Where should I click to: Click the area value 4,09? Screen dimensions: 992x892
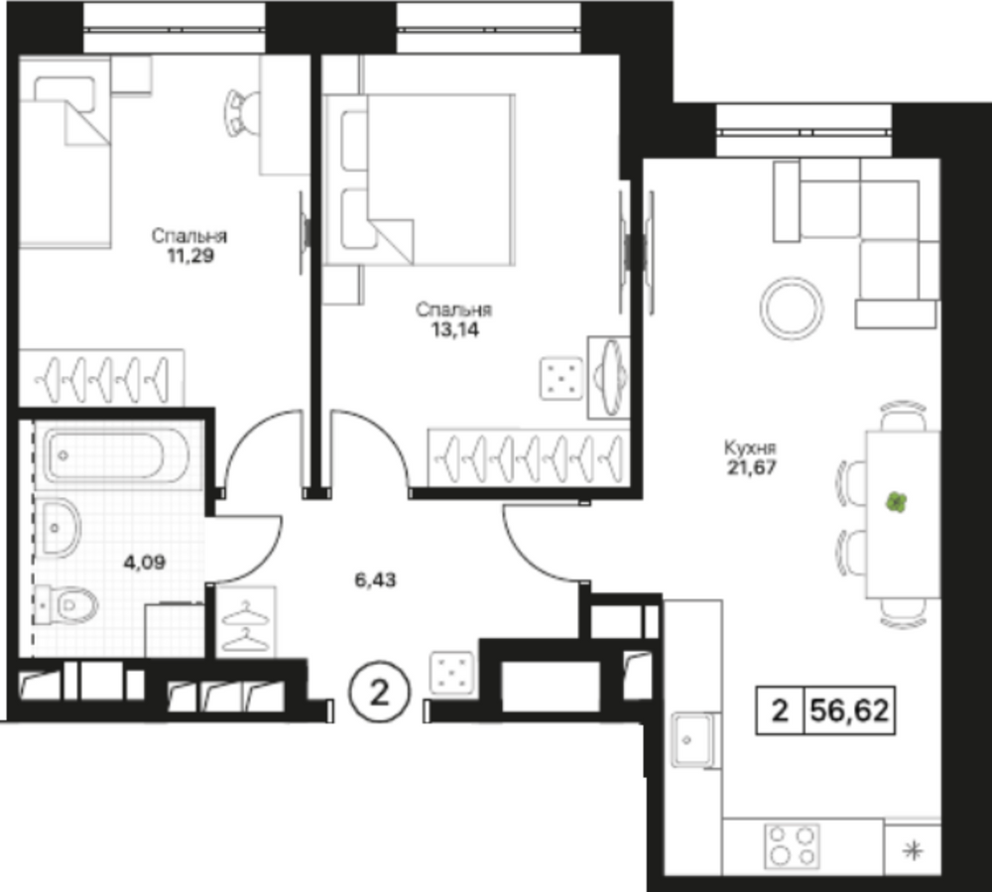point(145,562)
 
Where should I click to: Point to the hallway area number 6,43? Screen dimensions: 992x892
point(375,579)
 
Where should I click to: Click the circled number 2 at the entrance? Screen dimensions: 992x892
point(380,693)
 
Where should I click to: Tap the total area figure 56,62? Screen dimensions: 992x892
point(849,710)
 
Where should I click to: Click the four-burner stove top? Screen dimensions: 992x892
point(792,845)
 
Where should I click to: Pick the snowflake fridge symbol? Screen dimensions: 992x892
point(913,851)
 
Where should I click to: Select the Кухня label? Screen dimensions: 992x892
point(750,448)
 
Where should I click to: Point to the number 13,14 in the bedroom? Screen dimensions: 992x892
point(454,329)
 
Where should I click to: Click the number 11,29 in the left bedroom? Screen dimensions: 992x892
point(189,256)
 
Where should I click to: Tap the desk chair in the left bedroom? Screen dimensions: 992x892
point(241,112)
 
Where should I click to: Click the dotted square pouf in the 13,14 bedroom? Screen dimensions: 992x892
point(561,378)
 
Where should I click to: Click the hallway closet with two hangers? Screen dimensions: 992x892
point(246,621)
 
